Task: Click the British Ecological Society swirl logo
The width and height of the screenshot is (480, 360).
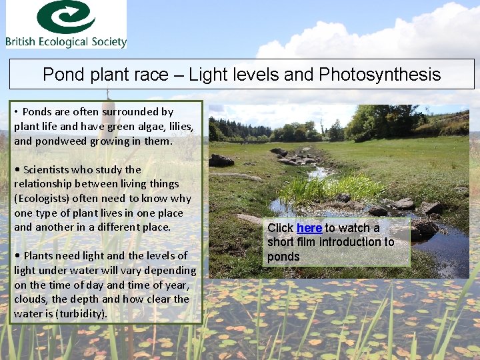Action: point(65,17)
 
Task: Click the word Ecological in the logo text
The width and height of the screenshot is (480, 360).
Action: point(66,42)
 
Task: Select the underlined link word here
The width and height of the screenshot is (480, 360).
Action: point(309,228)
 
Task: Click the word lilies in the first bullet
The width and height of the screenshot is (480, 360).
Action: point(176,127)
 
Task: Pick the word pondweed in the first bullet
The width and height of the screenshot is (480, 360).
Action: point(58,141)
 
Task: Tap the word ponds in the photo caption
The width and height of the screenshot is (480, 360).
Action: point(283,257)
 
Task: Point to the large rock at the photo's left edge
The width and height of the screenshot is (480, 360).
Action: point(221,161)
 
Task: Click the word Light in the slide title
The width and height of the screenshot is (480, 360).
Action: point(207,74)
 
